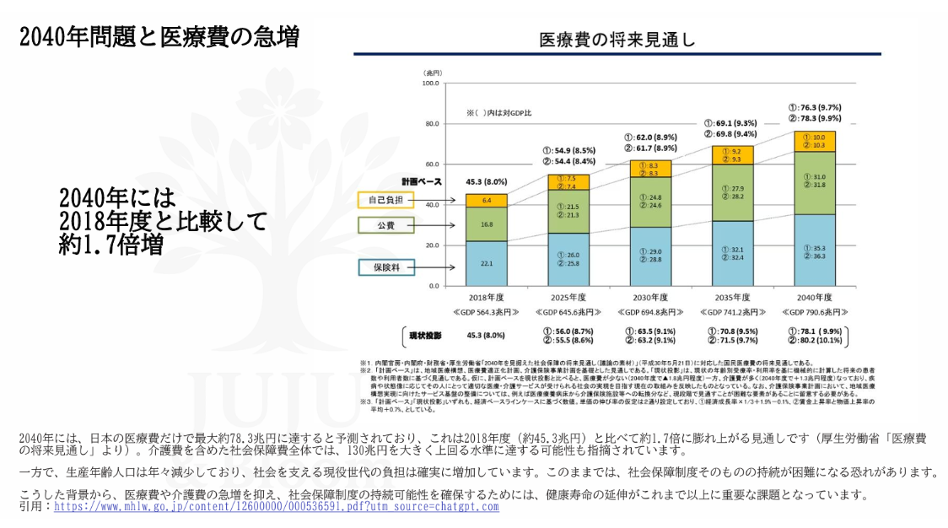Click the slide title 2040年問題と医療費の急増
tap(159, 36)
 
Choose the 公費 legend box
tap(385, 225)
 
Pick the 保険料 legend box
tap(385, 267)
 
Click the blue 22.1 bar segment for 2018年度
tap(486, 263)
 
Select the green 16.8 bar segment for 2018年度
tap(486, 224)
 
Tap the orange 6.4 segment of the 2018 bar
tap(486, 201)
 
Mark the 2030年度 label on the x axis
tap(649, 298)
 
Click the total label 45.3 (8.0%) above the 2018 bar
tap(486, 181)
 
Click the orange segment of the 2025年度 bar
tap(568, 182)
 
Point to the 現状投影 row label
tap(425, 335)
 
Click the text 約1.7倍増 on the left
tap(111, 245)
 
